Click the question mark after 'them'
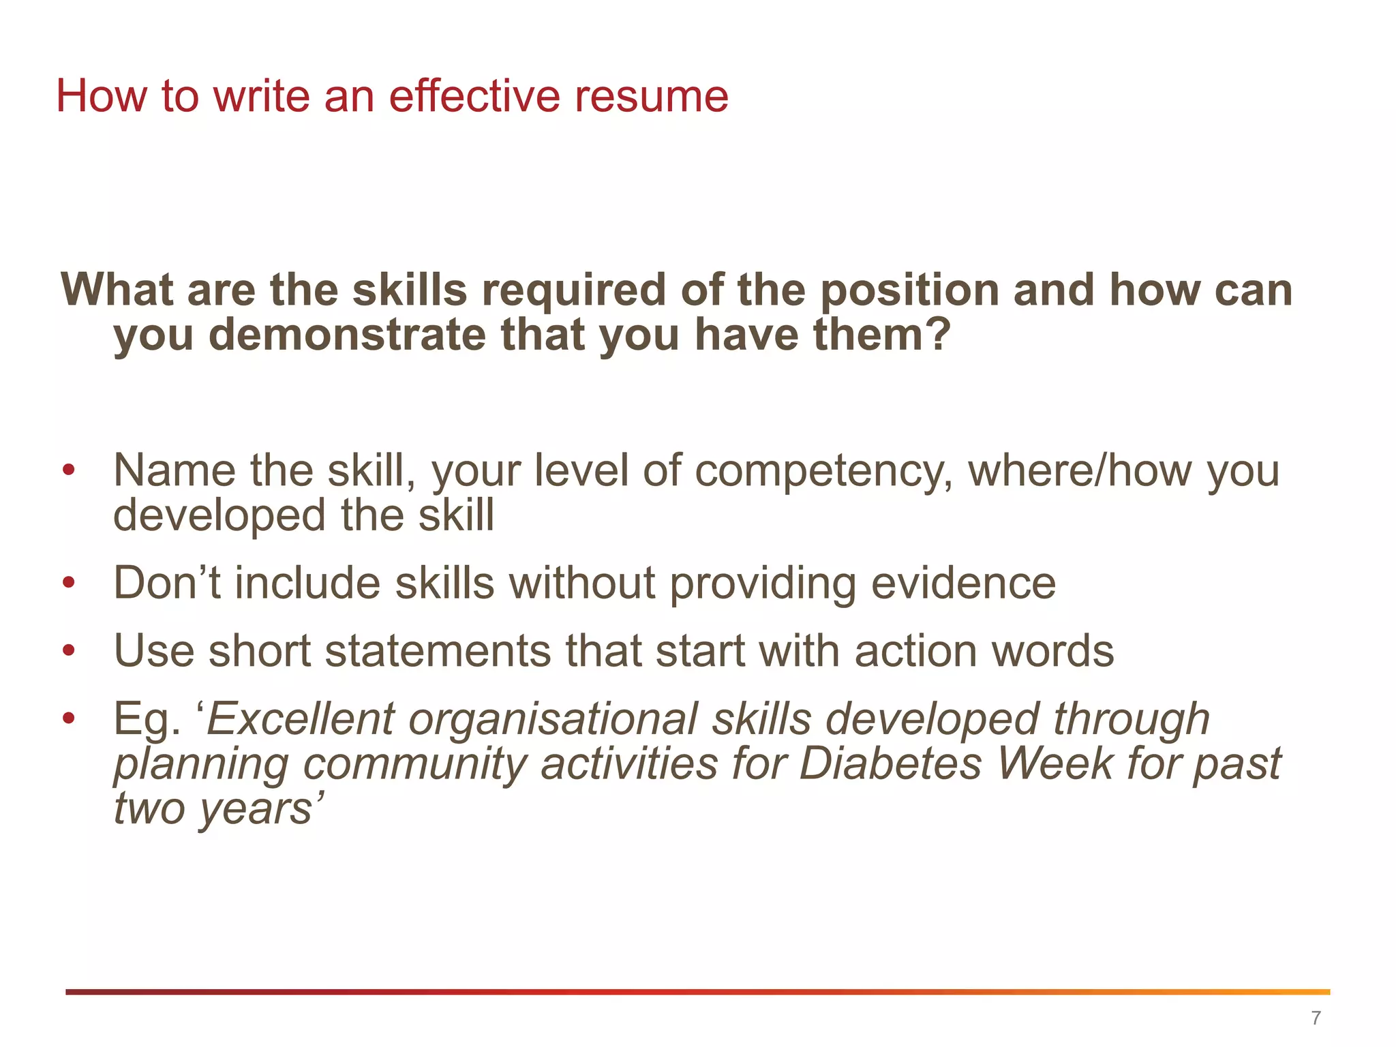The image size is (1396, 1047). coord(939,335)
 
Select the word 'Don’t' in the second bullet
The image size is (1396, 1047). coord(166,583)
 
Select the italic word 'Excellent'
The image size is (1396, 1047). coord(300,720)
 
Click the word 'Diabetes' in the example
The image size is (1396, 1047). coord(890,763)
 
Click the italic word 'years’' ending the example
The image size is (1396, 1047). coord(261,810)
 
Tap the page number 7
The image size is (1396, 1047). coord(1316,1018)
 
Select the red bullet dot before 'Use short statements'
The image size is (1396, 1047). coord(68,651)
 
